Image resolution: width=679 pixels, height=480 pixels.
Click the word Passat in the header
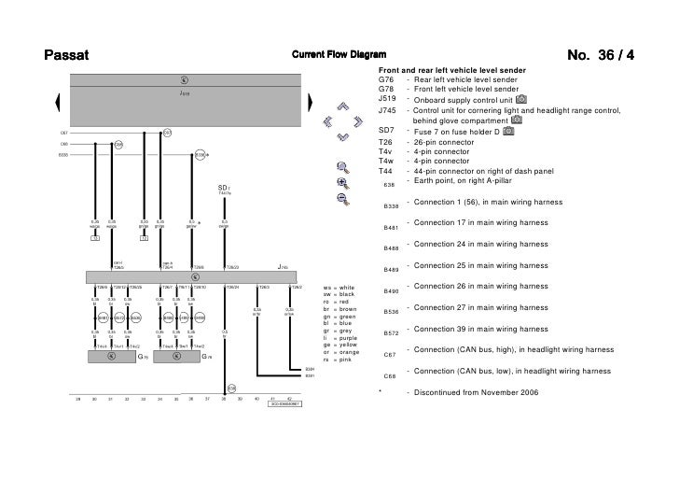[x=66, y=53]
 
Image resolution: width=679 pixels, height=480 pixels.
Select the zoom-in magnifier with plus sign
[x=343, y=183]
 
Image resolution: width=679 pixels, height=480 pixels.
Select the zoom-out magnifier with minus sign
[x=343, y=198]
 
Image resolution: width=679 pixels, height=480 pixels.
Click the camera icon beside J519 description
[x=520, y=99]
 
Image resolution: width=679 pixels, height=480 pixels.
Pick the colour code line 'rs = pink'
[x=337, y=360]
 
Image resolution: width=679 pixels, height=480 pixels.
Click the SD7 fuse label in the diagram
[x=224, y=188]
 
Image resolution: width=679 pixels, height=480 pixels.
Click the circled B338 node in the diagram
[x=201, y=155]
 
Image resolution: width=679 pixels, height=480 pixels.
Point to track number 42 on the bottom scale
[x=290, y=399]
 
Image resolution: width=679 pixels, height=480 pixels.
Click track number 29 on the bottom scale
[x=77, y=399]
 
